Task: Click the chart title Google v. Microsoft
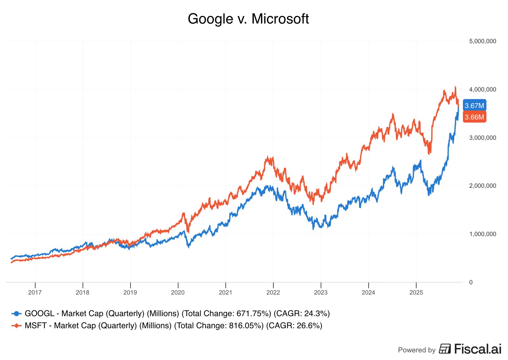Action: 248,19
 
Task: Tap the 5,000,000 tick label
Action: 482,41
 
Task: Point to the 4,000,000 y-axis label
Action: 482,90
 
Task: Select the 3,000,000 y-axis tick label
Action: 482,138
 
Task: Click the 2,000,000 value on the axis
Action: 482,186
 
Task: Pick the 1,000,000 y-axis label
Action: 482,234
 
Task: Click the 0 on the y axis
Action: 471,282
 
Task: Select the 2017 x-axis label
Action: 35,293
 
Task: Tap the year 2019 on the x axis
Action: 130,293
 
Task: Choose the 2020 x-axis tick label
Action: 178,293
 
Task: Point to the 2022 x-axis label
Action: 273,293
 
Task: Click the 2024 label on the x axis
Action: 368,293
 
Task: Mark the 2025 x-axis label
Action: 416,293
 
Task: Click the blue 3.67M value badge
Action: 474,105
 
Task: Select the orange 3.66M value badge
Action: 474,117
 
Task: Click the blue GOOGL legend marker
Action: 17,314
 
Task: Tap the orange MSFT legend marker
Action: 17,326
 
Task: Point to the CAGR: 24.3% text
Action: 302,314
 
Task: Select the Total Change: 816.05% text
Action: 219,326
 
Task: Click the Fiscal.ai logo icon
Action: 445,349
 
